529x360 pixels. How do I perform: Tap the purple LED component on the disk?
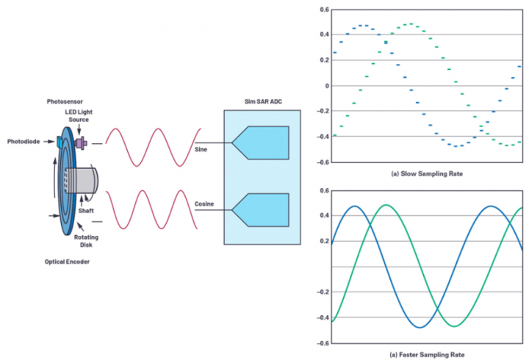tap(79, 141)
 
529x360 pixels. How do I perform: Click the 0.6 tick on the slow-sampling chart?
tap(324, 10)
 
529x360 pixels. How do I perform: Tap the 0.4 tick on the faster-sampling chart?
tap(324, 216)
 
